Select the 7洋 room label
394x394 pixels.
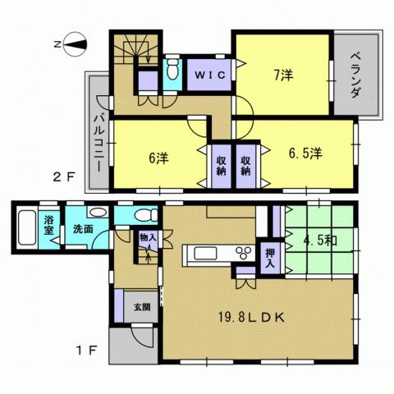tap(283, 76)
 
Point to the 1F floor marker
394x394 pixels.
tap(86, 350)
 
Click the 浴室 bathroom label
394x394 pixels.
tap(49, 224)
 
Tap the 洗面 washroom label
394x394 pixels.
tap(81, 229)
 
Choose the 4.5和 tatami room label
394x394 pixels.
tap(318, 242)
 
